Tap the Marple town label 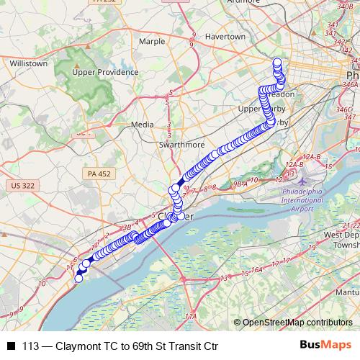coord(151,42)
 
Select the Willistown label coord(29,63)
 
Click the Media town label coord(142,125)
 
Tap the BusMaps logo coord(326,345)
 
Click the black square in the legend coord(11,345)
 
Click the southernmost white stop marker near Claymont coord(78,279)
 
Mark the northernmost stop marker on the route coord(277,62)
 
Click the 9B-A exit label coord(239,184)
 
